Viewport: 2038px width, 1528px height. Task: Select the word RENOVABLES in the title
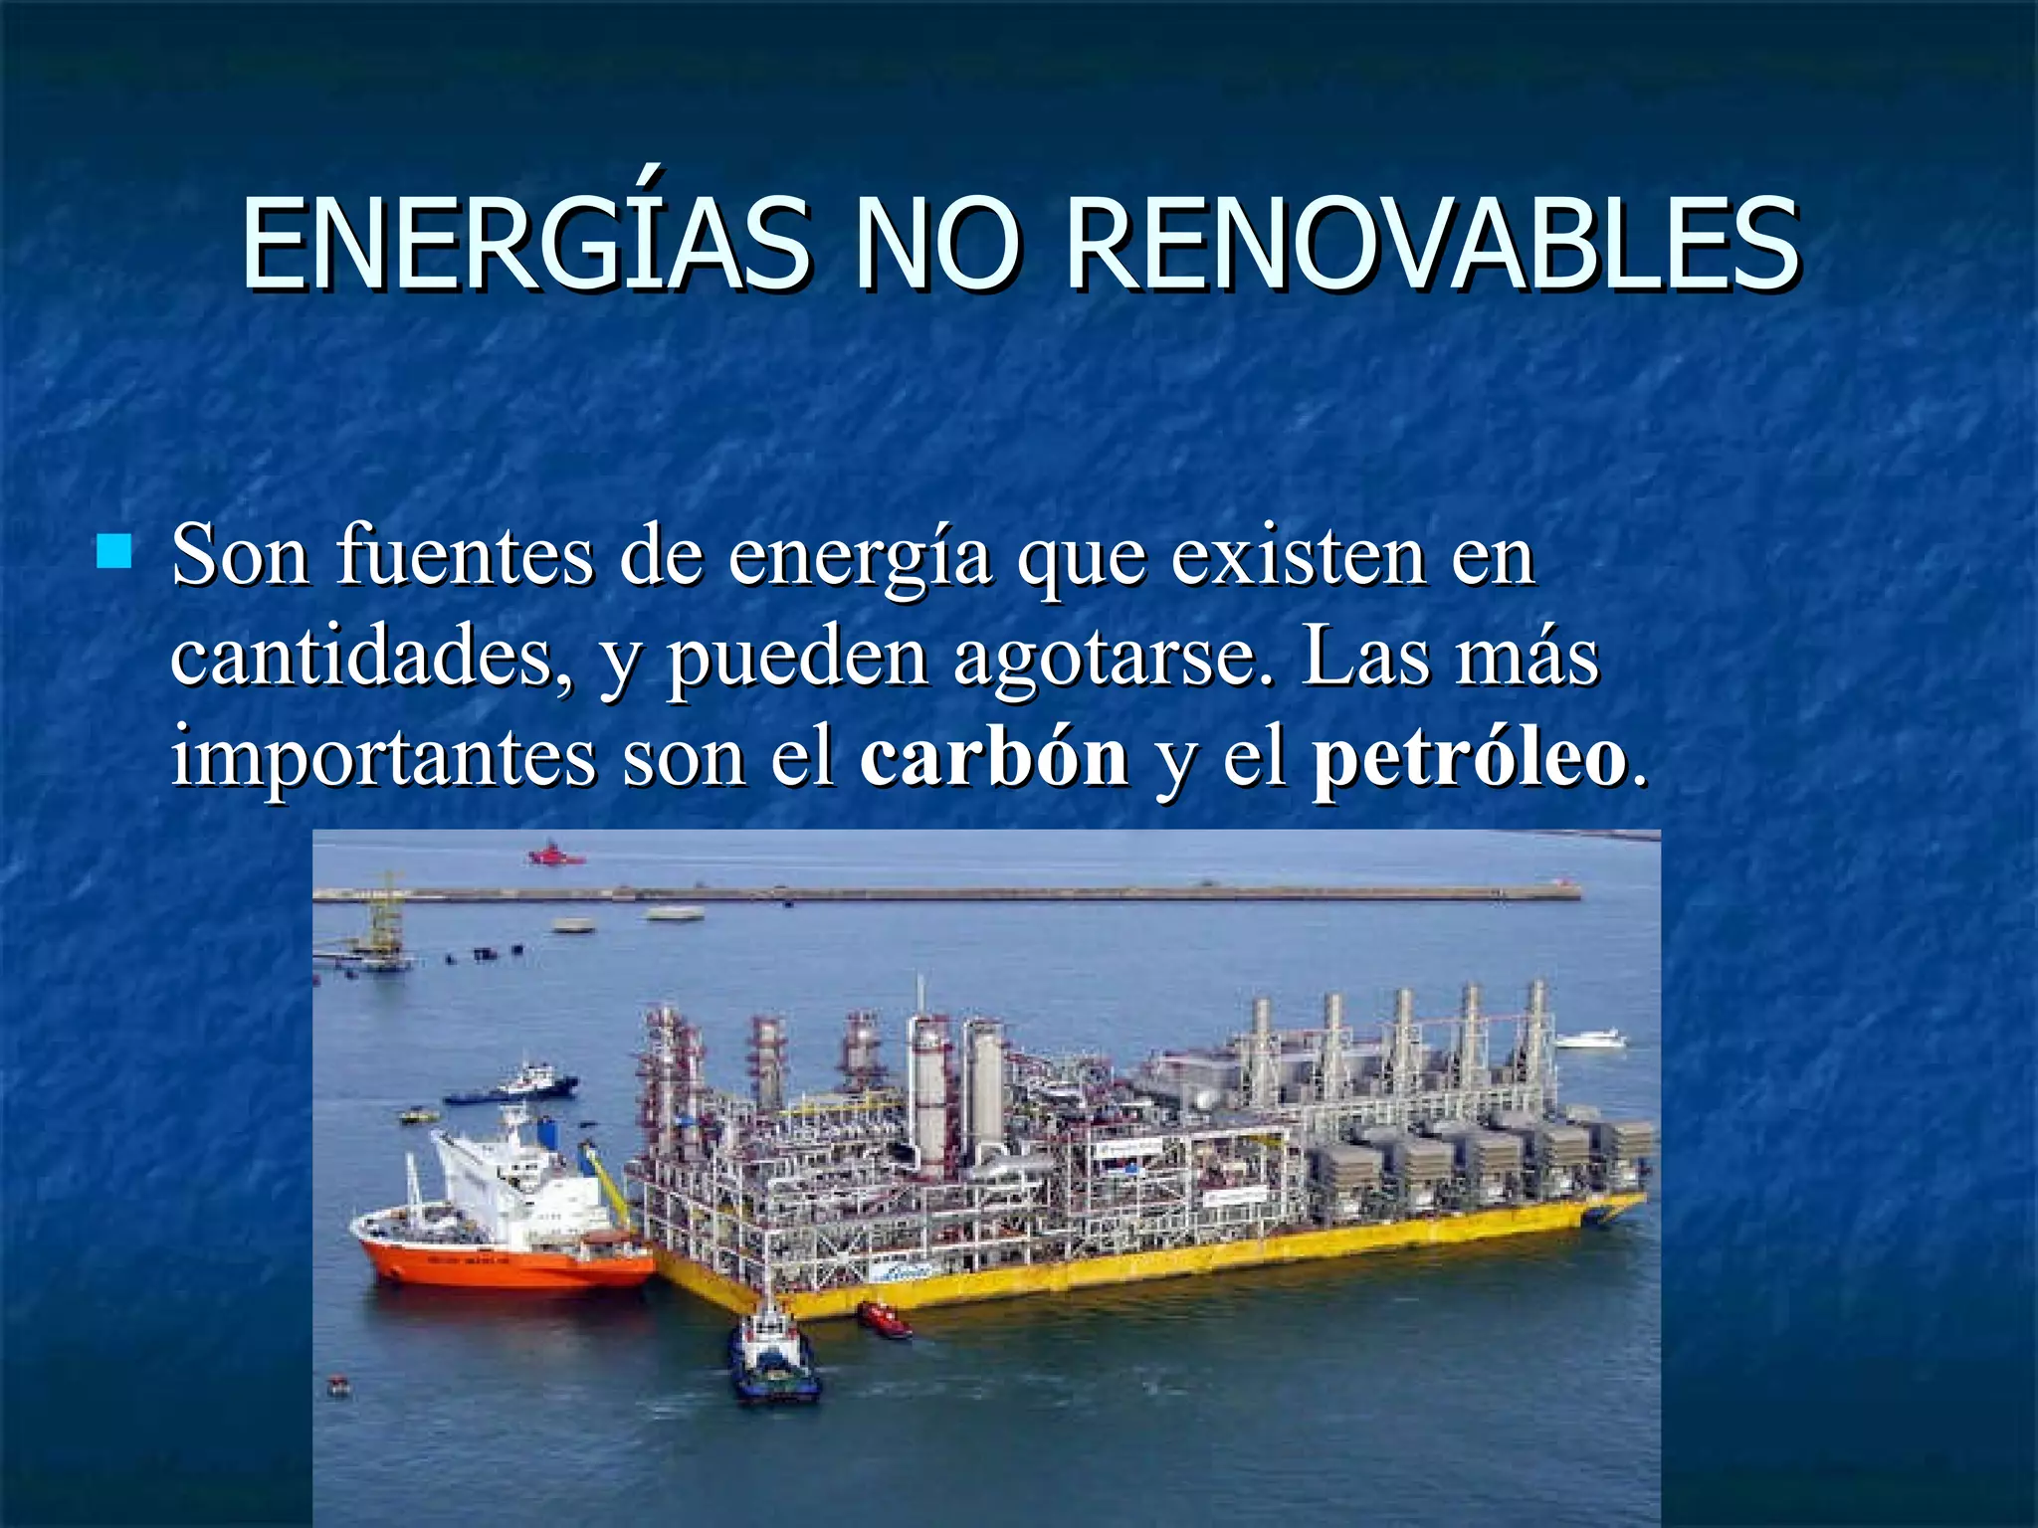[x=1431, y=244]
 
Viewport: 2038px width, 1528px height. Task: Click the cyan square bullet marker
[x=114, y=550]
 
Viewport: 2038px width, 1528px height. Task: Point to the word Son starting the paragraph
[x=240, y=557]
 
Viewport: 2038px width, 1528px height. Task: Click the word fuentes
[x=465, y=557]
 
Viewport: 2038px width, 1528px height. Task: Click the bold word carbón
[x=994, y=756]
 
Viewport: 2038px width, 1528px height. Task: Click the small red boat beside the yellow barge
[x=885, y=1318]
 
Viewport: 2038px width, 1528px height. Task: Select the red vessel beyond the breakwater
[x=555, y=855]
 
